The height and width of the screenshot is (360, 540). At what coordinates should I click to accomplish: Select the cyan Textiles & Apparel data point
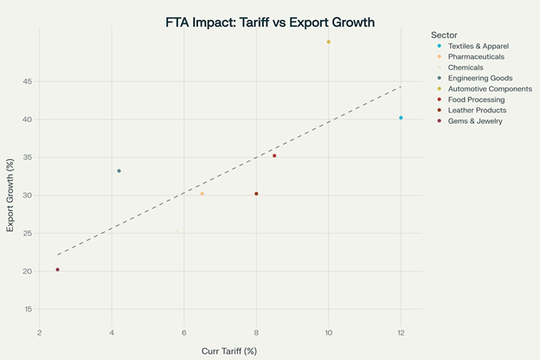401,118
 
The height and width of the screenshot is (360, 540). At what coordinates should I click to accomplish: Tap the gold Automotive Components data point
329,42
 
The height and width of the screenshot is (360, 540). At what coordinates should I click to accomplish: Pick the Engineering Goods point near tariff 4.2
119,170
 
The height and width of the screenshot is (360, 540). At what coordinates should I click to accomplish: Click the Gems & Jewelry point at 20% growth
57,269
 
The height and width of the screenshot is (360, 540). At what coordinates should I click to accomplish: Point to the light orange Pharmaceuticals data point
202,194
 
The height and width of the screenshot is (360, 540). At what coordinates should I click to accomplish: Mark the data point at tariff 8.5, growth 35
274,156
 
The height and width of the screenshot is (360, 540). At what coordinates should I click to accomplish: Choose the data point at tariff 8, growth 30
256,194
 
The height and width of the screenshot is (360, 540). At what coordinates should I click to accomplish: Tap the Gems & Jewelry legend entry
475,121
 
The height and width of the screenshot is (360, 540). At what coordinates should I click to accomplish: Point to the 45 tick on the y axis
28,81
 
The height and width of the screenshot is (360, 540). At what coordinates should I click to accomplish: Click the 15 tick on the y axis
28,309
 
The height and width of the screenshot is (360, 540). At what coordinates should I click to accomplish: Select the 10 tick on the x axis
329,333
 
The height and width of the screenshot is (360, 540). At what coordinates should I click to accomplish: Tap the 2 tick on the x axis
39,333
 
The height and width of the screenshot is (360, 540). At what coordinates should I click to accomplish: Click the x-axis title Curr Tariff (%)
228,350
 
